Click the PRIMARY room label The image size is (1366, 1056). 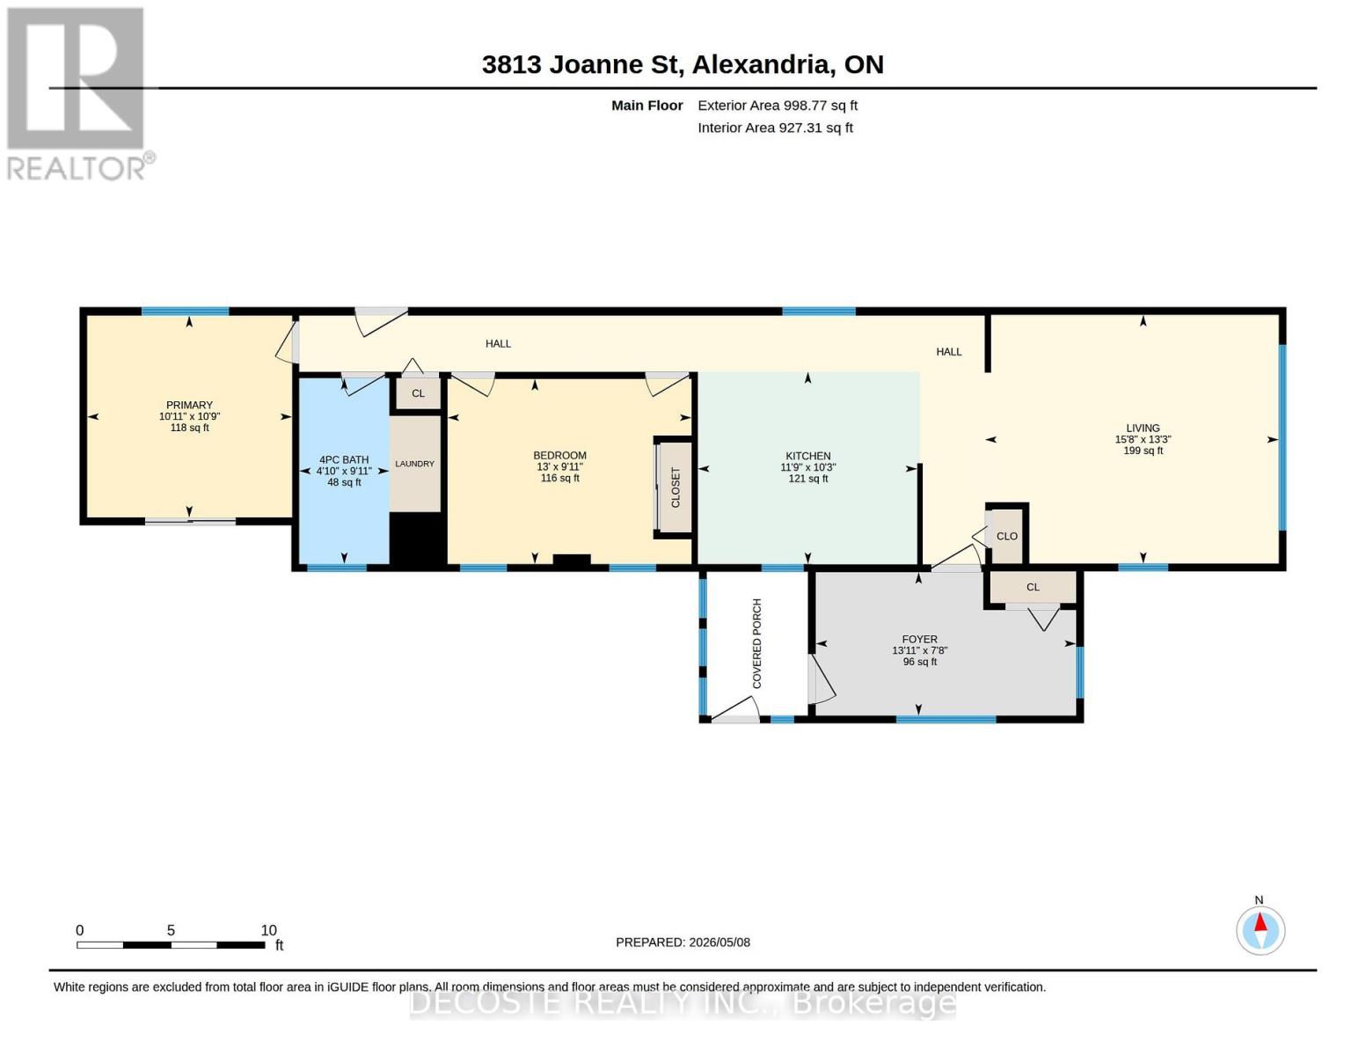coord(189,405)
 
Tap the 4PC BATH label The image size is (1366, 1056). coord(344,459)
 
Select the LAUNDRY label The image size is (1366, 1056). coord(414,464)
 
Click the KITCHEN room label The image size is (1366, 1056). coord(807,456)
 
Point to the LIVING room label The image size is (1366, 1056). coord(1143,429)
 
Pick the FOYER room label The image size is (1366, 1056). coord(919,639)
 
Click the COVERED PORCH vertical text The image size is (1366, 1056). coord(756,643)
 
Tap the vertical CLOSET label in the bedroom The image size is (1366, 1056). coord(676,488)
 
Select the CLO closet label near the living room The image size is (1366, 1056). coord(1006,537)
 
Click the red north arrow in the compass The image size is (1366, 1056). coord(1260,922)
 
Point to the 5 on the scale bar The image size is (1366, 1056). coord(171,930)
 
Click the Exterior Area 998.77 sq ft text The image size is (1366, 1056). coord(778,106)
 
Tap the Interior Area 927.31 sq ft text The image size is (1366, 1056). coord(775,128)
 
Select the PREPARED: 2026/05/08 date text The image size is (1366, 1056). coord(683,942)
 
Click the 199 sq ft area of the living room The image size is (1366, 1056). coord(1143,451)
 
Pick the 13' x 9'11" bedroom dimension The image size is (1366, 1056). coord(559,466)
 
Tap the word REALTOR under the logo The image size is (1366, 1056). coord(76,169)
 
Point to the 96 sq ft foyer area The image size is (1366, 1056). coord(920,662)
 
